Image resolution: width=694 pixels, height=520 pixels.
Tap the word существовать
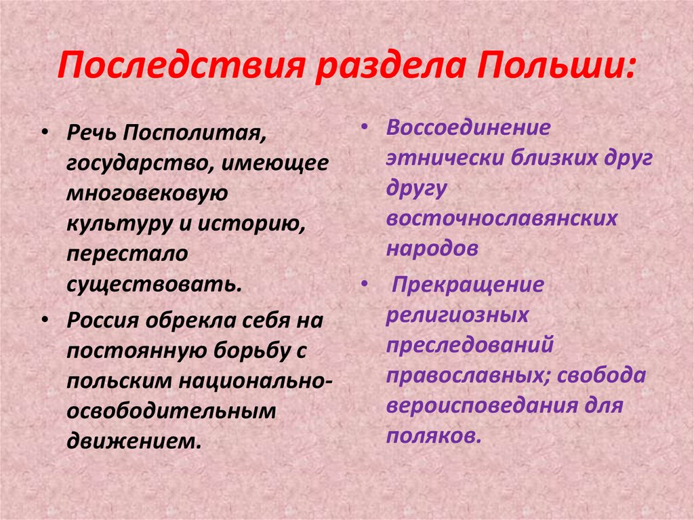tap(152, 284)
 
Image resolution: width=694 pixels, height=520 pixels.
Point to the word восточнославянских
tap(502, 218)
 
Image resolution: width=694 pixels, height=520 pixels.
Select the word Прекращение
tap(468, 285)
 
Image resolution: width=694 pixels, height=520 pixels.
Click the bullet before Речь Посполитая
tap(44, 134)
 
